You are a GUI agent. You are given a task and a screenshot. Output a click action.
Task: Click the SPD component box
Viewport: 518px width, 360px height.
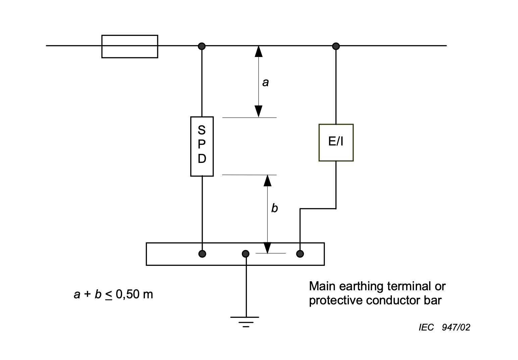pyautogui.click(x=202, y=146)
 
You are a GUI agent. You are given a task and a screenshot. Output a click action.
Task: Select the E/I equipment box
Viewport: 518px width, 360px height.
pyautogui.click(x=336, y=142)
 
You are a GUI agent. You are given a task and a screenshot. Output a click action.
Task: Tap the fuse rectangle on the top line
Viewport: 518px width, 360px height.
pyautogui.click(x=129, y=46)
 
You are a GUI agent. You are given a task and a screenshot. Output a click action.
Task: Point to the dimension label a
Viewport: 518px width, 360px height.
pyautogui.click(x=265, y=82)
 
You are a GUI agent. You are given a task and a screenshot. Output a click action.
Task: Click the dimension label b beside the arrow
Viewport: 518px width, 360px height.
pyautogui.click(x=274, y=208)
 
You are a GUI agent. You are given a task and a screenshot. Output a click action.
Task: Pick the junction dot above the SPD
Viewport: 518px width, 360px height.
pyautogui.click(x=202, y=46)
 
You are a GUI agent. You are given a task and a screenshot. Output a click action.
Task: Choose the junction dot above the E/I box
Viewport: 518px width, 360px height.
pyautogui.click(x=336, y=46)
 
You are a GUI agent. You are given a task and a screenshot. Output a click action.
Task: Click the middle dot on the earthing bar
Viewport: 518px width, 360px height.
pyautogui.click(x=246, y=254)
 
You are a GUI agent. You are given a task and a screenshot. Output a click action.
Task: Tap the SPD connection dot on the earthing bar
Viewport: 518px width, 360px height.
pyautogui.click(x=202, y=254)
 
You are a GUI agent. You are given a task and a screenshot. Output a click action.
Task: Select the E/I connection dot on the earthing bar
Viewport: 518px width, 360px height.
pyautogui.click(x=300, y=254)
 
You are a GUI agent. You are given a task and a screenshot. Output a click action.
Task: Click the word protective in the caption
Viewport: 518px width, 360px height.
pyautogui.click(x=336, y=300)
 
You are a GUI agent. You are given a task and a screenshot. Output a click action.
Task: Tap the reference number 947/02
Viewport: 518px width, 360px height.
pyautogui.click(x=456, y=327)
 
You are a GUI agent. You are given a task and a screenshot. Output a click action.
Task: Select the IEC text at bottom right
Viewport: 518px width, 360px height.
pyautogui.click(x=426, y=327)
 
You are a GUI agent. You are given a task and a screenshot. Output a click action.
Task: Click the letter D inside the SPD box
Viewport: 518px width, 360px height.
pyautogui.click(x=202, y=159)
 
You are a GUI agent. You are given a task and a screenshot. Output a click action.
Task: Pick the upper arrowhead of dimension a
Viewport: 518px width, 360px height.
pyautogui.click(x=258, y=51)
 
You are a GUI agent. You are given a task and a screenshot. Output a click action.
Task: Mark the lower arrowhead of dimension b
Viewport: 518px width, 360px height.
pyautogui.click(x=267, y=248)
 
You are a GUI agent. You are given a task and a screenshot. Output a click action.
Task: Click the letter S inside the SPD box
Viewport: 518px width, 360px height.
pyautogui.click(x=202, y=129)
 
